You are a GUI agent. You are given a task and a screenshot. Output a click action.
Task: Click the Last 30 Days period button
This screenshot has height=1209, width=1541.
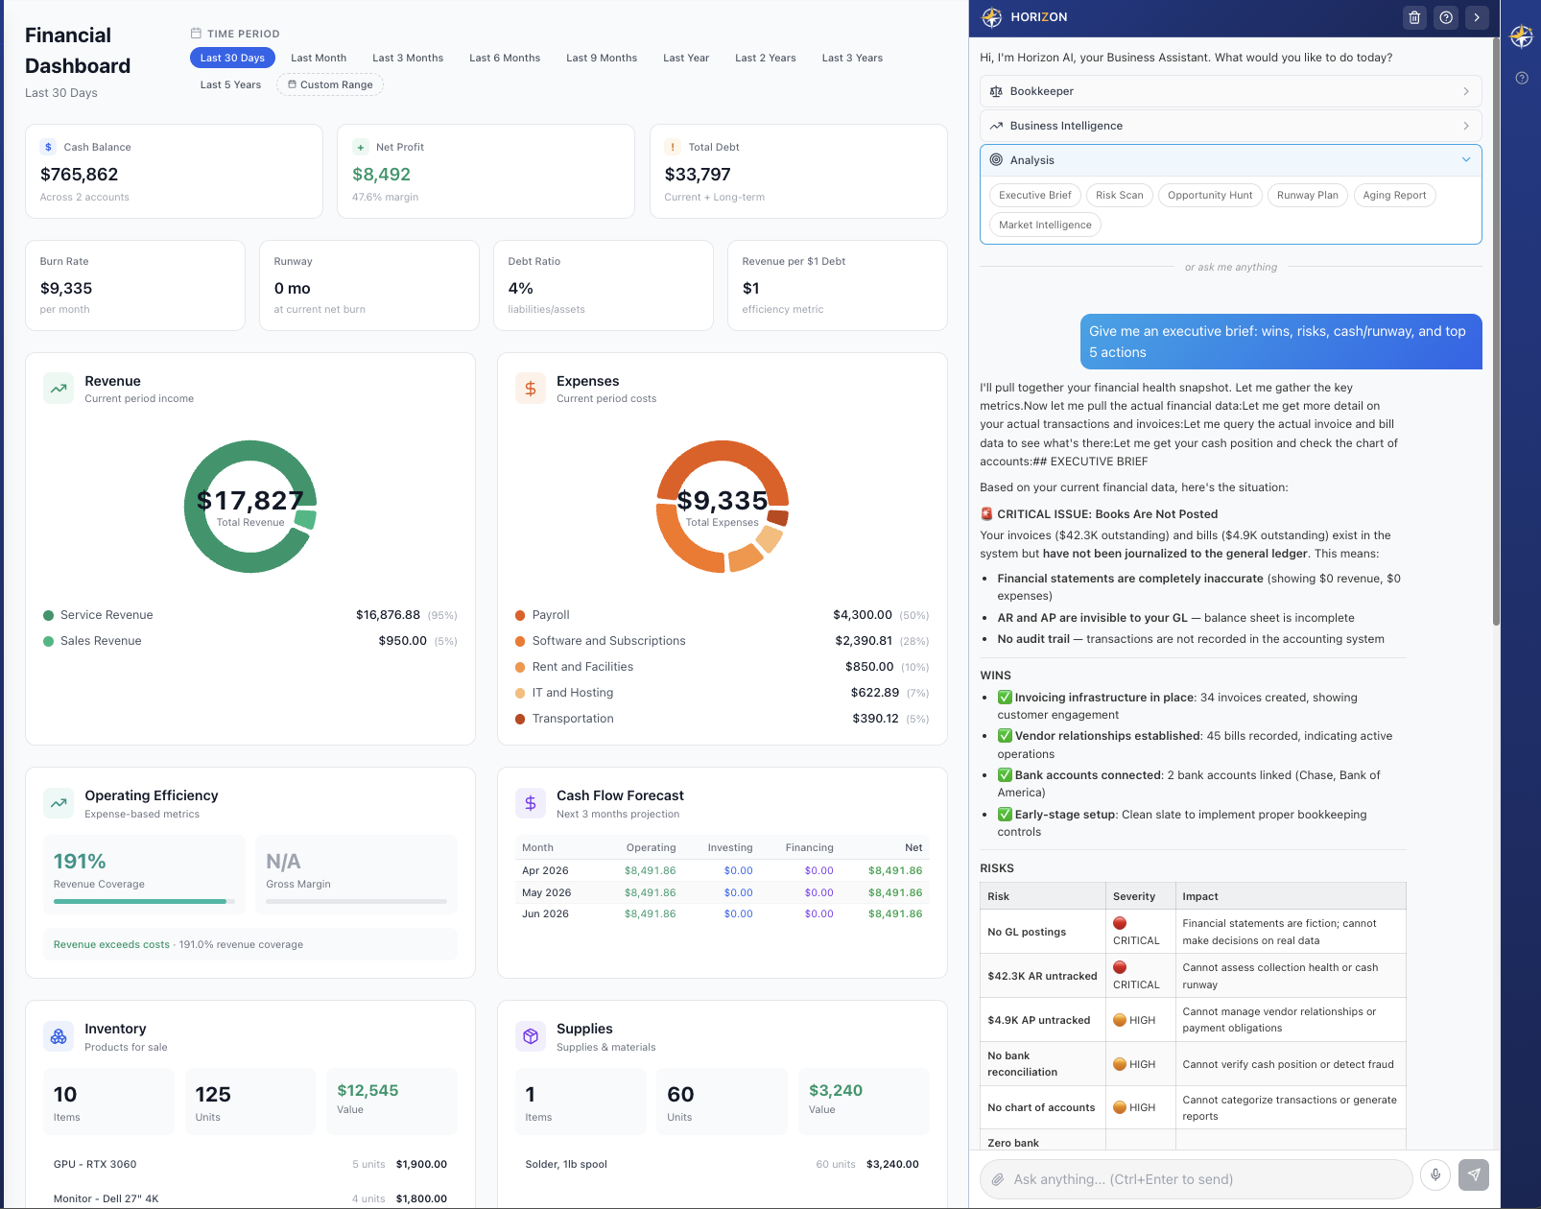point(232,58)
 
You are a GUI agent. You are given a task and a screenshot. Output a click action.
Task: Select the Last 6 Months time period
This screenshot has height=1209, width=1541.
point(505,58)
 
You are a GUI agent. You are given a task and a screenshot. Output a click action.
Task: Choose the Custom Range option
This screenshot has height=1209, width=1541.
point(330,84)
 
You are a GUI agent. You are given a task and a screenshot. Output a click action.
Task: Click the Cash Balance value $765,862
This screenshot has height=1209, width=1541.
point(80,175)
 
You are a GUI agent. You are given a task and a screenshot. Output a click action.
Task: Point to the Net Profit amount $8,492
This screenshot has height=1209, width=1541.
point(381,175)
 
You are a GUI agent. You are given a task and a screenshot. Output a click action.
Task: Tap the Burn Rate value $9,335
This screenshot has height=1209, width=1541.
point(66,288)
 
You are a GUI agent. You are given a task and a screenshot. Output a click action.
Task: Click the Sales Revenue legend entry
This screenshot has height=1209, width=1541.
point(101,641)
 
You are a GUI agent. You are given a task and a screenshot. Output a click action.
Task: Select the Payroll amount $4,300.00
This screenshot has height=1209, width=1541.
point(862,615)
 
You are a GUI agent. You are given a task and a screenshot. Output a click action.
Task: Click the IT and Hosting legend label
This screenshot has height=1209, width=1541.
point(573,693)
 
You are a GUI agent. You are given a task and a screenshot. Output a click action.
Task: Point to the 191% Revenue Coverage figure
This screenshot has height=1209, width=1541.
point(80,862)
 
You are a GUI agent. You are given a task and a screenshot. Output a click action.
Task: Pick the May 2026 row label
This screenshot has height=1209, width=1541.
point(546,892)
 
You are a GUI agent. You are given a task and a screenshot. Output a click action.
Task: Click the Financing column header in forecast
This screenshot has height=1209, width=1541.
point(809,847)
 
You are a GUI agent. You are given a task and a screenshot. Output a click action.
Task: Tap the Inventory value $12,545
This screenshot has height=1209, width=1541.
point(367,1091)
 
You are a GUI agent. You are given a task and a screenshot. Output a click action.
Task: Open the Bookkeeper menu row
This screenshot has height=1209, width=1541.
point(1230,91)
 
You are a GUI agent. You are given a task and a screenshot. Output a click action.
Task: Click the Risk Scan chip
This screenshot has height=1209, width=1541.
point(1119,195)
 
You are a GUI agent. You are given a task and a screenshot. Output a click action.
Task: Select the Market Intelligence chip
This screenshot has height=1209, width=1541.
point(1045,225)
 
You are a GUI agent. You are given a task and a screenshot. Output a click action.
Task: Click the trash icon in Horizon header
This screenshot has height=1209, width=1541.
point(1414,17)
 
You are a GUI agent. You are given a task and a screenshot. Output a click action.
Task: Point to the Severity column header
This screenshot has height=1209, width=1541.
point(1134,896)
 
